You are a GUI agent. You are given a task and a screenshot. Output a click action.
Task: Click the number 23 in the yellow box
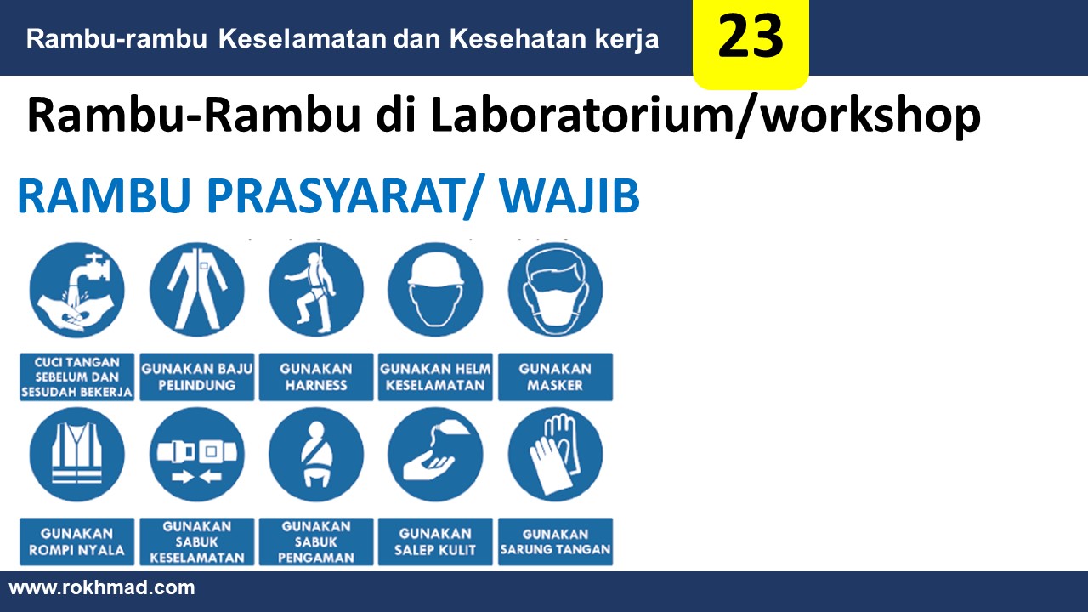pos(751,36)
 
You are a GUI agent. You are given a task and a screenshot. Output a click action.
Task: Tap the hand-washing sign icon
pos(76,291)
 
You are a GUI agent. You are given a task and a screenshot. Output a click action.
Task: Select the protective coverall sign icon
pos(196,291)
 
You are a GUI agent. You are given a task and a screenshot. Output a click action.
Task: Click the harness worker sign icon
pos(316,291)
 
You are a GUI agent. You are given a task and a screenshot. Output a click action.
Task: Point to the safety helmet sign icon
pos(436,291)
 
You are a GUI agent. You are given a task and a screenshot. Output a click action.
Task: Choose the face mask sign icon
pos(556,291)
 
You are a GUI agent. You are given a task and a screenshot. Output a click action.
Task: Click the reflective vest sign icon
pos(76,455)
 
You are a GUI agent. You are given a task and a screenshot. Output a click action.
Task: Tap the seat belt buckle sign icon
pos(196,455)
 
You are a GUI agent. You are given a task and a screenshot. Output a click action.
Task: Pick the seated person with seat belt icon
pos(316,455)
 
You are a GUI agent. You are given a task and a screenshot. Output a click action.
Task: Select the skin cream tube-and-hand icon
pos(436,455)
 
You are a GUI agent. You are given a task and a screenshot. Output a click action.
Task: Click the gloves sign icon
pos(556,455)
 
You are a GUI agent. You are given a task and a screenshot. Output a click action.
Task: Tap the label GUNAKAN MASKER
pos(555,377)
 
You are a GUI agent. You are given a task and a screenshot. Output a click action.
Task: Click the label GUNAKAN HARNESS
pos(316,377)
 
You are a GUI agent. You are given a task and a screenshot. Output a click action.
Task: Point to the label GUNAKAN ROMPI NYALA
pos(76,541)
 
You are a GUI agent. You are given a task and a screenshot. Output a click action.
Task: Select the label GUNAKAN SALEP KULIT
pos(435,541)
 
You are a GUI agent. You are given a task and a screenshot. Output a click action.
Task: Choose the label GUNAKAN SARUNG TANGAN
pos(555,541)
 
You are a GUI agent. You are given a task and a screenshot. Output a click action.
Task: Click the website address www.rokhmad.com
pos(102,587)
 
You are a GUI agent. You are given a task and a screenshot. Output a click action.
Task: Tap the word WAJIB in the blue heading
pos(569,195)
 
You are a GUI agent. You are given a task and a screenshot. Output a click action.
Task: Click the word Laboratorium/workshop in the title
pos(705,116)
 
